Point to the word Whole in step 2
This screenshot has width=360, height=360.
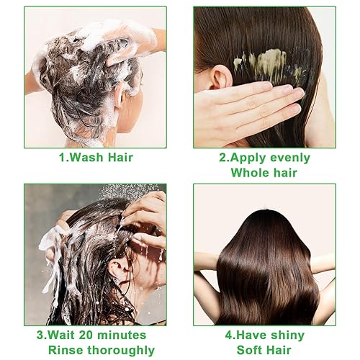point(249,173)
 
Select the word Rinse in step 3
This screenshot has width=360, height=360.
point(61,351)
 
